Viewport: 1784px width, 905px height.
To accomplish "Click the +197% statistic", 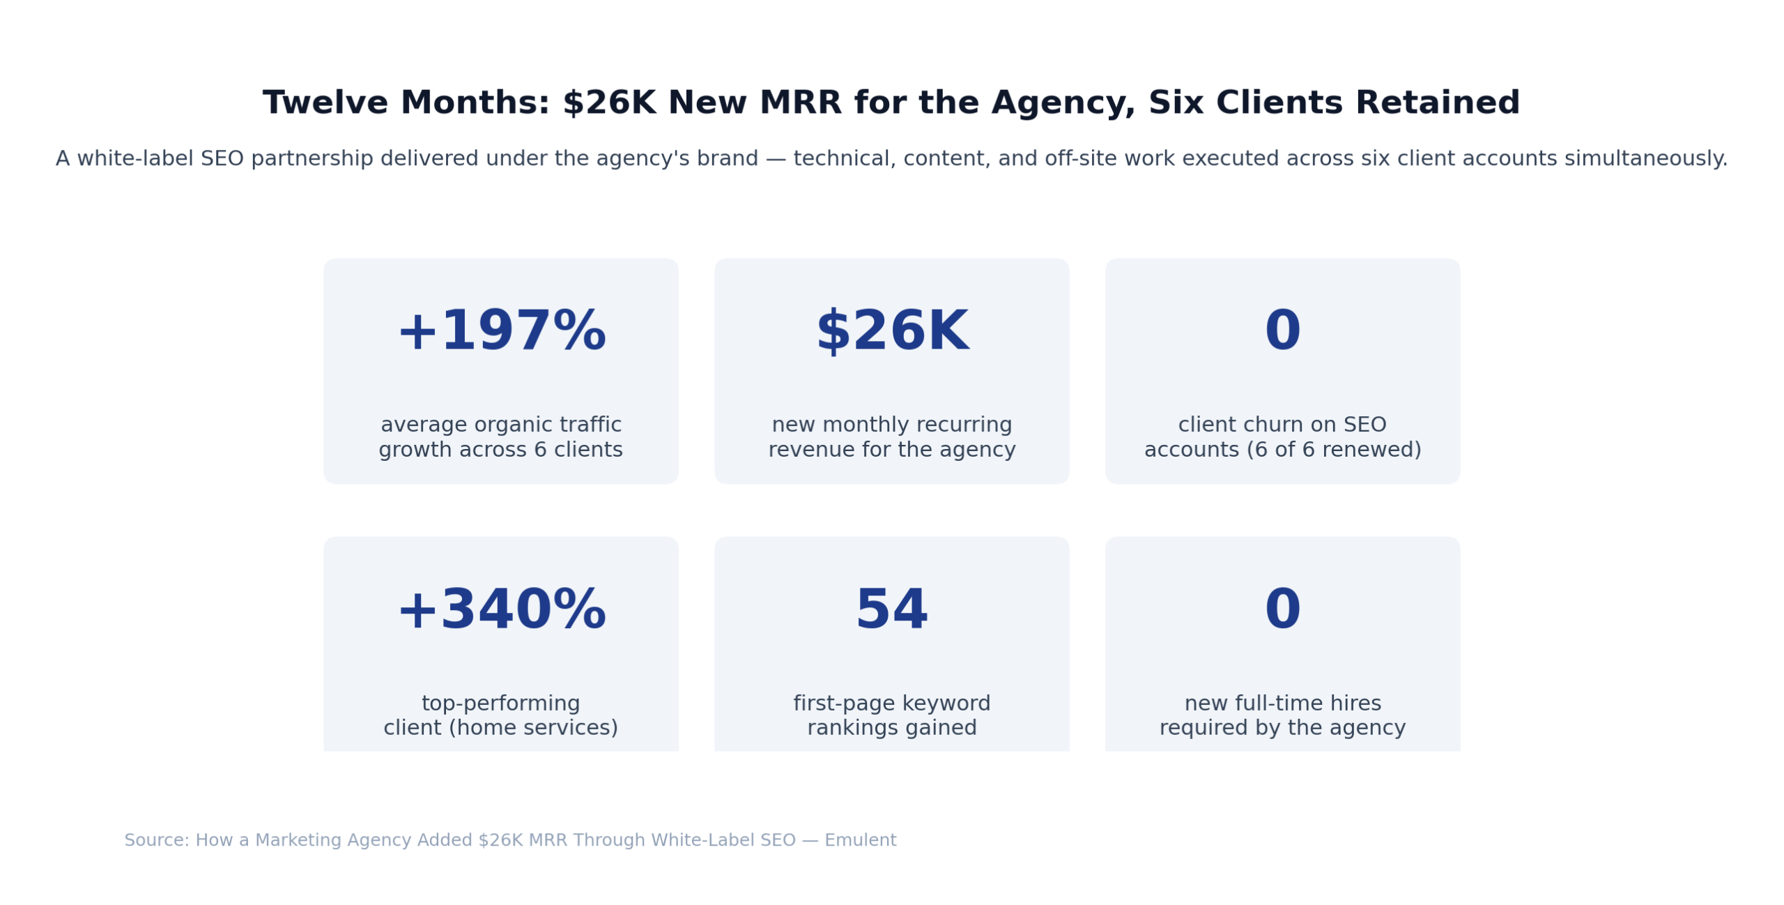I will tap(500, 332).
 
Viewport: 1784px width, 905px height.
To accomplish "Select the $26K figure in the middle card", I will tap(891, 332).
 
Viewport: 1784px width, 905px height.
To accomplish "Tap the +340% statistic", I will tap(500, 610).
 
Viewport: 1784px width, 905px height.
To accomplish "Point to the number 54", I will tap(891, 610).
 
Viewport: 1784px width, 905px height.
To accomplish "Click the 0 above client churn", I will tap(1282, 332).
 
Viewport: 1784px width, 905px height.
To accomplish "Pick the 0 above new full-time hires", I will tap(1282, 610).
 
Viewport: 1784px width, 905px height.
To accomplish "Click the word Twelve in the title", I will tap(325, 103).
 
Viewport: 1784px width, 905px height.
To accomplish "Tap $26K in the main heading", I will tap(608, 103).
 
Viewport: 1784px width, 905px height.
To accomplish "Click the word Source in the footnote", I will tap(155, 839).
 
